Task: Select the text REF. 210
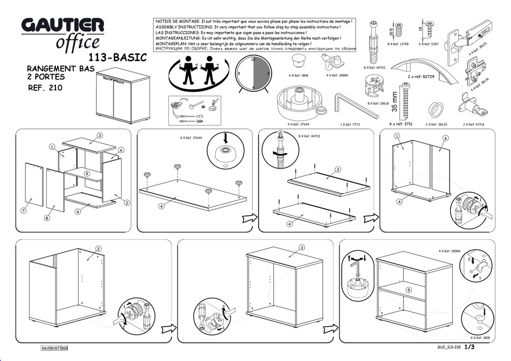(x=45, y=88)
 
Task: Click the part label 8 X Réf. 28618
(x=378, y=103)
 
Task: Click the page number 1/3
(x=469, y=348)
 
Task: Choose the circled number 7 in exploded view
(x=24, y=211)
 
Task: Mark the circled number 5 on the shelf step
(x=409, y=290)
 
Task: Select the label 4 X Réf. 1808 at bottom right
(x=479, y=338)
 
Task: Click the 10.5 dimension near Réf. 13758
(x=392, y=32)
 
